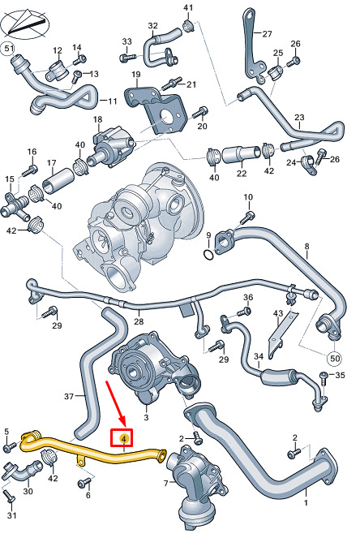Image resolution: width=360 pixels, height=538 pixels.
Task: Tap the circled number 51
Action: (8, 49)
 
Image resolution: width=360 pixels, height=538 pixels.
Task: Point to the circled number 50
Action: (334, 359)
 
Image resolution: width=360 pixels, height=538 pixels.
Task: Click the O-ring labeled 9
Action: (208, 255)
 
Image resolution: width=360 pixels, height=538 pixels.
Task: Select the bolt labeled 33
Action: (126, 57)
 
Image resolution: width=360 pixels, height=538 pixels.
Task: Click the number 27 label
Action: (267, 33)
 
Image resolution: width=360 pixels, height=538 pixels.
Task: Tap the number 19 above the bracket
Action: (136, 74)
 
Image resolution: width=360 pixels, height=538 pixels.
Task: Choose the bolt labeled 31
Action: (8, 497)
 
